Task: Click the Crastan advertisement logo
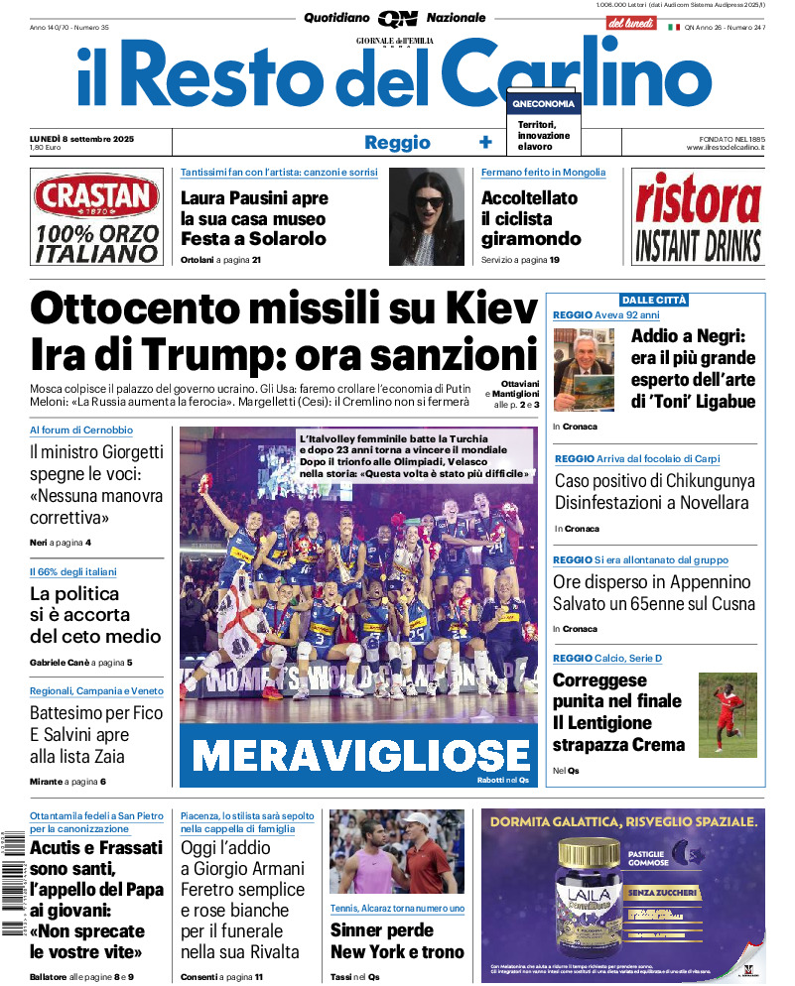pos(96,197)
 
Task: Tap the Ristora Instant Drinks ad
pos(698,216)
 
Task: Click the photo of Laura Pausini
pos(427,216)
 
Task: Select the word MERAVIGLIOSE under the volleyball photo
pos(360,755)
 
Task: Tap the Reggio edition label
pos(397,142)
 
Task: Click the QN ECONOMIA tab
pos(542,104)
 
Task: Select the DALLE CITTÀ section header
pos(654,300)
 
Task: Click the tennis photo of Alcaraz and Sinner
pos(395,852)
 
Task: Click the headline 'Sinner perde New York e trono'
pos(397,940)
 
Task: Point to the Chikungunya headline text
pos(654,491)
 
